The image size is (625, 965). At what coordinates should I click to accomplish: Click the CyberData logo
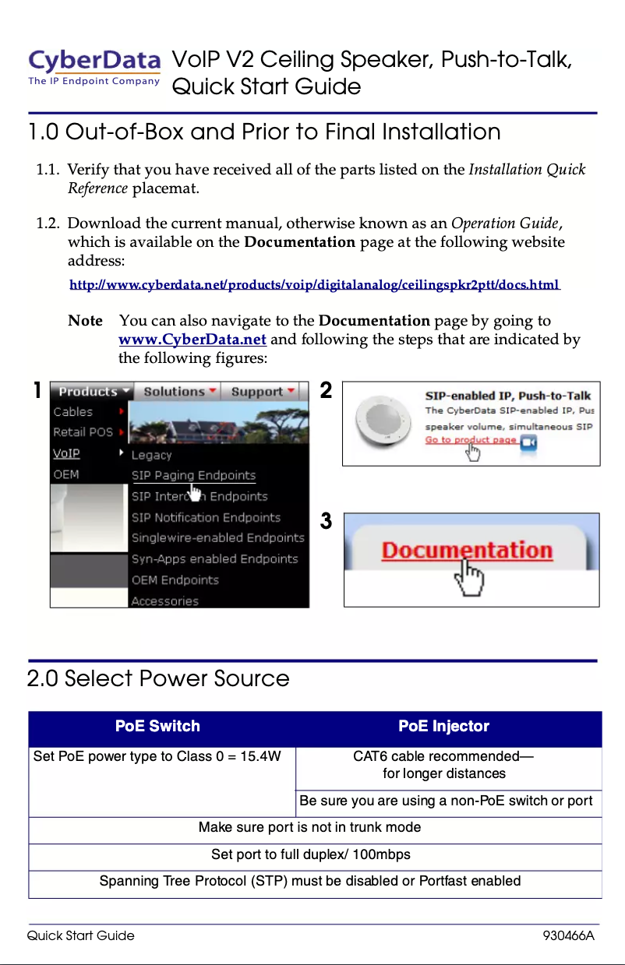[94, 67]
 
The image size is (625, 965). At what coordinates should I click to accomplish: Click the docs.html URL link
[314, 285]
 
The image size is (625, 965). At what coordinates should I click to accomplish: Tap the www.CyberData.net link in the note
[192, 340]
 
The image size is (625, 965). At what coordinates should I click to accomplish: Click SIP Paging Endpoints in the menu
[192, 476]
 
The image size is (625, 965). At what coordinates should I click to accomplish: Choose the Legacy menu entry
[151, 455]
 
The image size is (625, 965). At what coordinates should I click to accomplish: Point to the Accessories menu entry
[164, 600]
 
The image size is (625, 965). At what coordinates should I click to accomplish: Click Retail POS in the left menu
[83, 432]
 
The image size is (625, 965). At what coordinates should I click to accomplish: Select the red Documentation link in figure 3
[466, 551]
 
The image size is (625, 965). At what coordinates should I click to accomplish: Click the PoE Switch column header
[157, 727]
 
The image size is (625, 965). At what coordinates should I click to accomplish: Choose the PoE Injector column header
[443, 727]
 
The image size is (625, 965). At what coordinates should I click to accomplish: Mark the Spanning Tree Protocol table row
[310, 882]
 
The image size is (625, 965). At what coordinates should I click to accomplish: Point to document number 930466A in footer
[568, 935]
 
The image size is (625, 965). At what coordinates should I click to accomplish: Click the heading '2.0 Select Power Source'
[158, 678]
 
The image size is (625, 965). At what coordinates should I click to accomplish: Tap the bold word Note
[85, 321]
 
